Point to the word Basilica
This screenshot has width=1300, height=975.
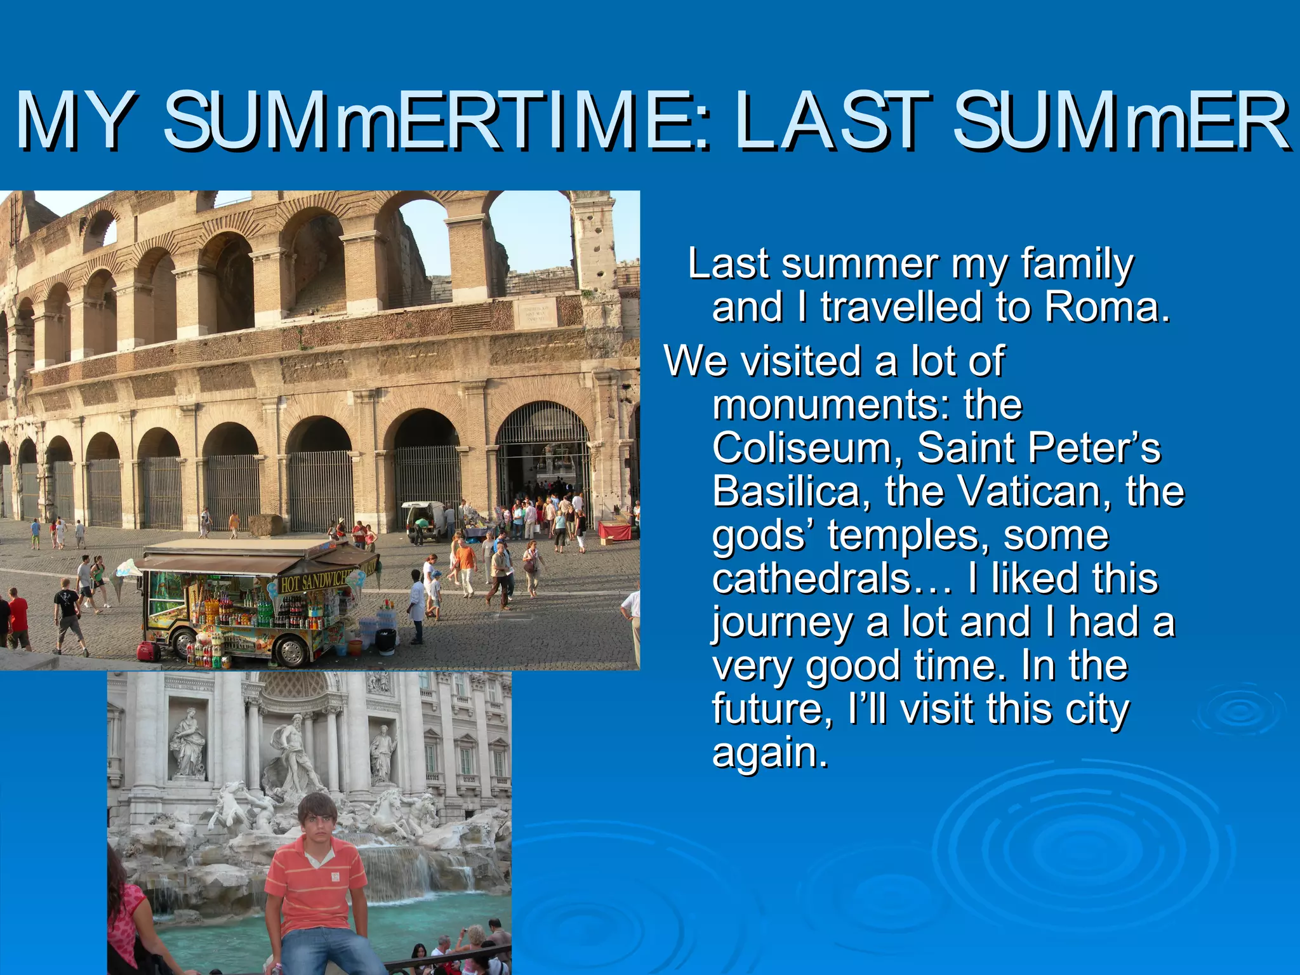[x=786, y=491]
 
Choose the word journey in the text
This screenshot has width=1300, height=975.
[x=782, y=623]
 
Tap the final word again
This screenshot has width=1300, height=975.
[x=769, y=753]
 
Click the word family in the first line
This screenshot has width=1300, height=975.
[x=1077, y=264]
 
